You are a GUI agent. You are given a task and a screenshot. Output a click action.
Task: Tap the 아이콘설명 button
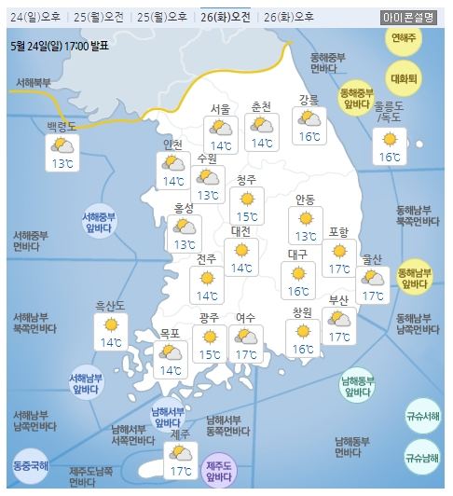[x=408, y=17]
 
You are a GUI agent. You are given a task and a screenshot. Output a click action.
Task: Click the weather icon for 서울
[x=221, y=126]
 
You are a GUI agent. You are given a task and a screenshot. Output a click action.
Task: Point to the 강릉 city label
[x=309, y=100]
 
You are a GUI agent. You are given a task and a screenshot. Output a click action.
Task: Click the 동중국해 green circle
[x=30, y=465]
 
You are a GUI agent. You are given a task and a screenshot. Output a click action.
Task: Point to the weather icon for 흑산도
[x=111, y=324]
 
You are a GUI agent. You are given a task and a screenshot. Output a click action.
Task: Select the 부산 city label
[x=338, y=300]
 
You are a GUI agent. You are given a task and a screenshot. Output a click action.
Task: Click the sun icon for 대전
[x=241, y=250]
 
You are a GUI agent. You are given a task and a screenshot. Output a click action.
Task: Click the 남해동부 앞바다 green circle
[x=357, y=386]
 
